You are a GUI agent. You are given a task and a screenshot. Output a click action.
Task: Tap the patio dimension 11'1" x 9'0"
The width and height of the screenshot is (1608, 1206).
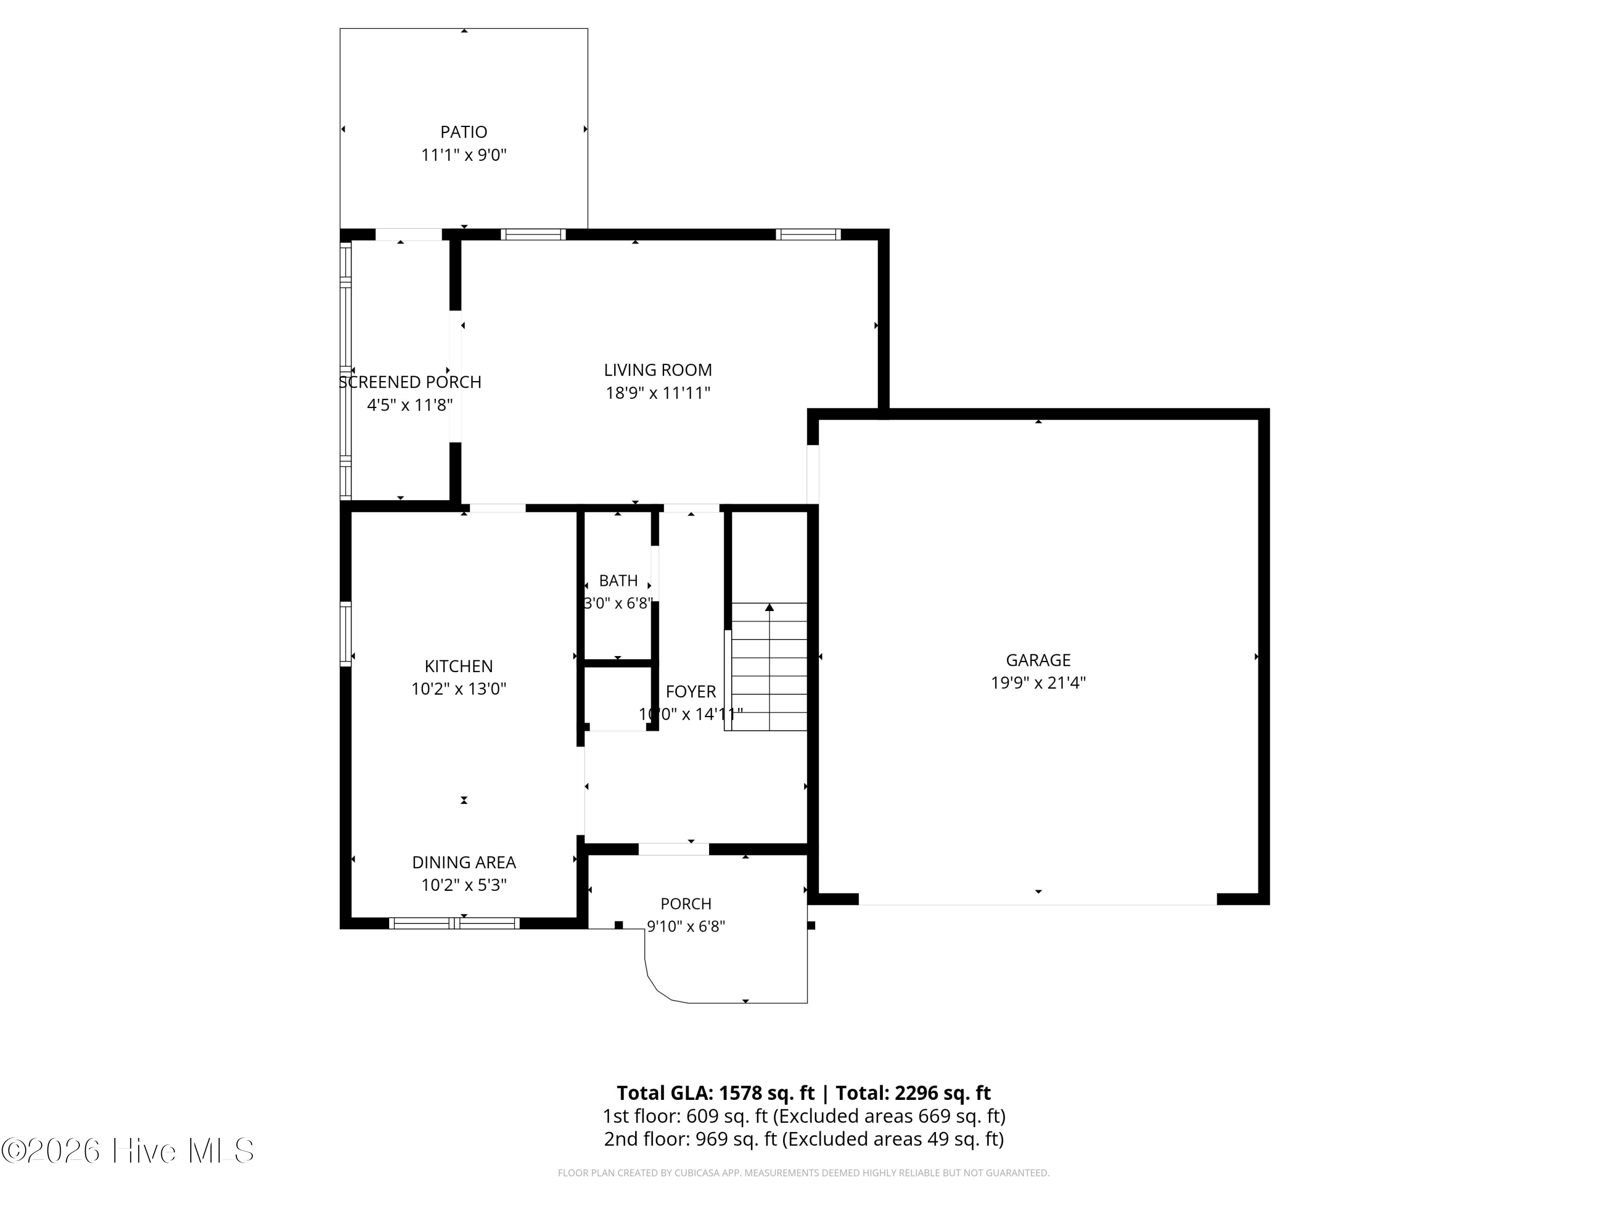(463, 155)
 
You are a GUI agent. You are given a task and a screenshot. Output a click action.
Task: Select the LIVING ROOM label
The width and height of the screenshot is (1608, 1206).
(657, 370)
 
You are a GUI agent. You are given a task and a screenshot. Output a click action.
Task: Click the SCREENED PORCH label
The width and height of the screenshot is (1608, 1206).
(410, 382)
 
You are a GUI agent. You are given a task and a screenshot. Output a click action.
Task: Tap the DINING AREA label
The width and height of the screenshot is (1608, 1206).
(463, 862)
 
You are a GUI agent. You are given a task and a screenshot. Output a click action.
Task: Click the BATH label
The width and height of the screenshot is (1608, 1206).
(618, 581)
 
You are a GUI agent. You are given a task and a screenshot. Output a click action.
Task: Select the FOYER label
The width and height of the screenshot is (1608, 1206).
(690, 691)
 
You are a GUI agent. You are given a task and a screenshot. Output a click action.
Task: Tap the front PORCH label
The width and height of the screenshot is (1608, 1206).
(686, 904)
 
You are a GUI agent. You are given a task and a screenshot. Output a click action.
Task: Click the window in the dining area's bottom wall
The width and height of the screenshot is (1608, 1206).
(455, 923)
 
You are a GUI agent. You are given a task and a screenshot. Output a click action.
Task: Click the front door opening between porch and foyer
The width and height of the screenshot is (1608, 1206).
(673, 848)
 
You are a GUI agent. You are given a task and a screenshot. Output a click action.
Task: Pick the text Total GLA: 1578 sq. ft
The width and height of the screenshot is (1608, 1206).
(716, 1092)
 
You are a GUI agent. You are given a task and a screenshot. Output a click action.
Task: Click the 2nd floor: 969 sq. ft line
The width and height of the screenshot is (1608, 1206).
(803, 1138)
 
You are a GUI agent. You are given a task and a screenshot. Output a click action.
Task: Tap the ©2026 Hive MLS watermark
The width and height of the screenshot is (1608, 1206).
(128, 1151)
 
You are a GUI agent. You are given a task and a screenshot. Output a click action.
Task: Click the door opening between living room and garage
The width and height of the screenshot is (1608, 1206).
(813, 474)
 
